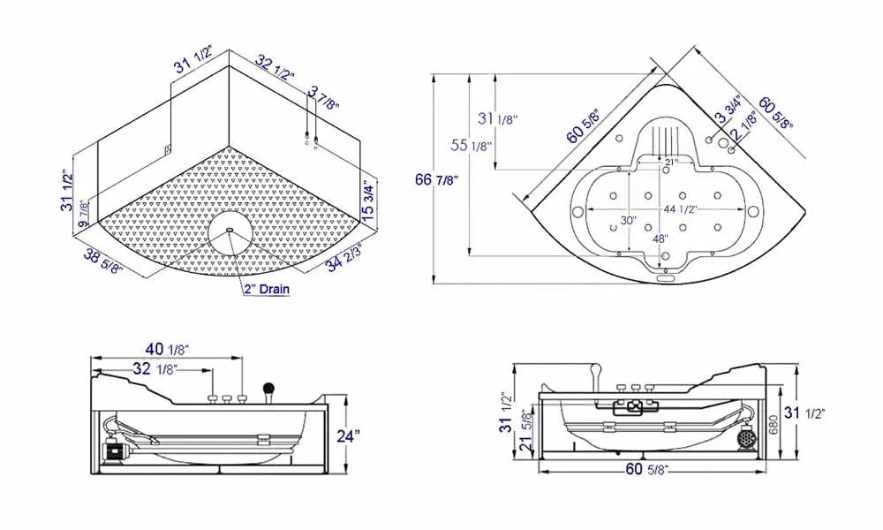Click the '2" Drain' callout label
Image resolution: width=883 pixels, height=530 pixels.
[x=267, y=289]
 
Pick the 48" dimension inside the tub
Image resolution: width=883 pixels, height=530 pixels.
[x=659, y=238]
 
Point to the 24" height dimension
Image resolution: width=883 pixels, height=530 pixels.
[x=349, y=435]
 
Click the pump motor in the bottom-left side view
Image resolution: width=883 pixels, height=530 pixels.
[x=112, y=447]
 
